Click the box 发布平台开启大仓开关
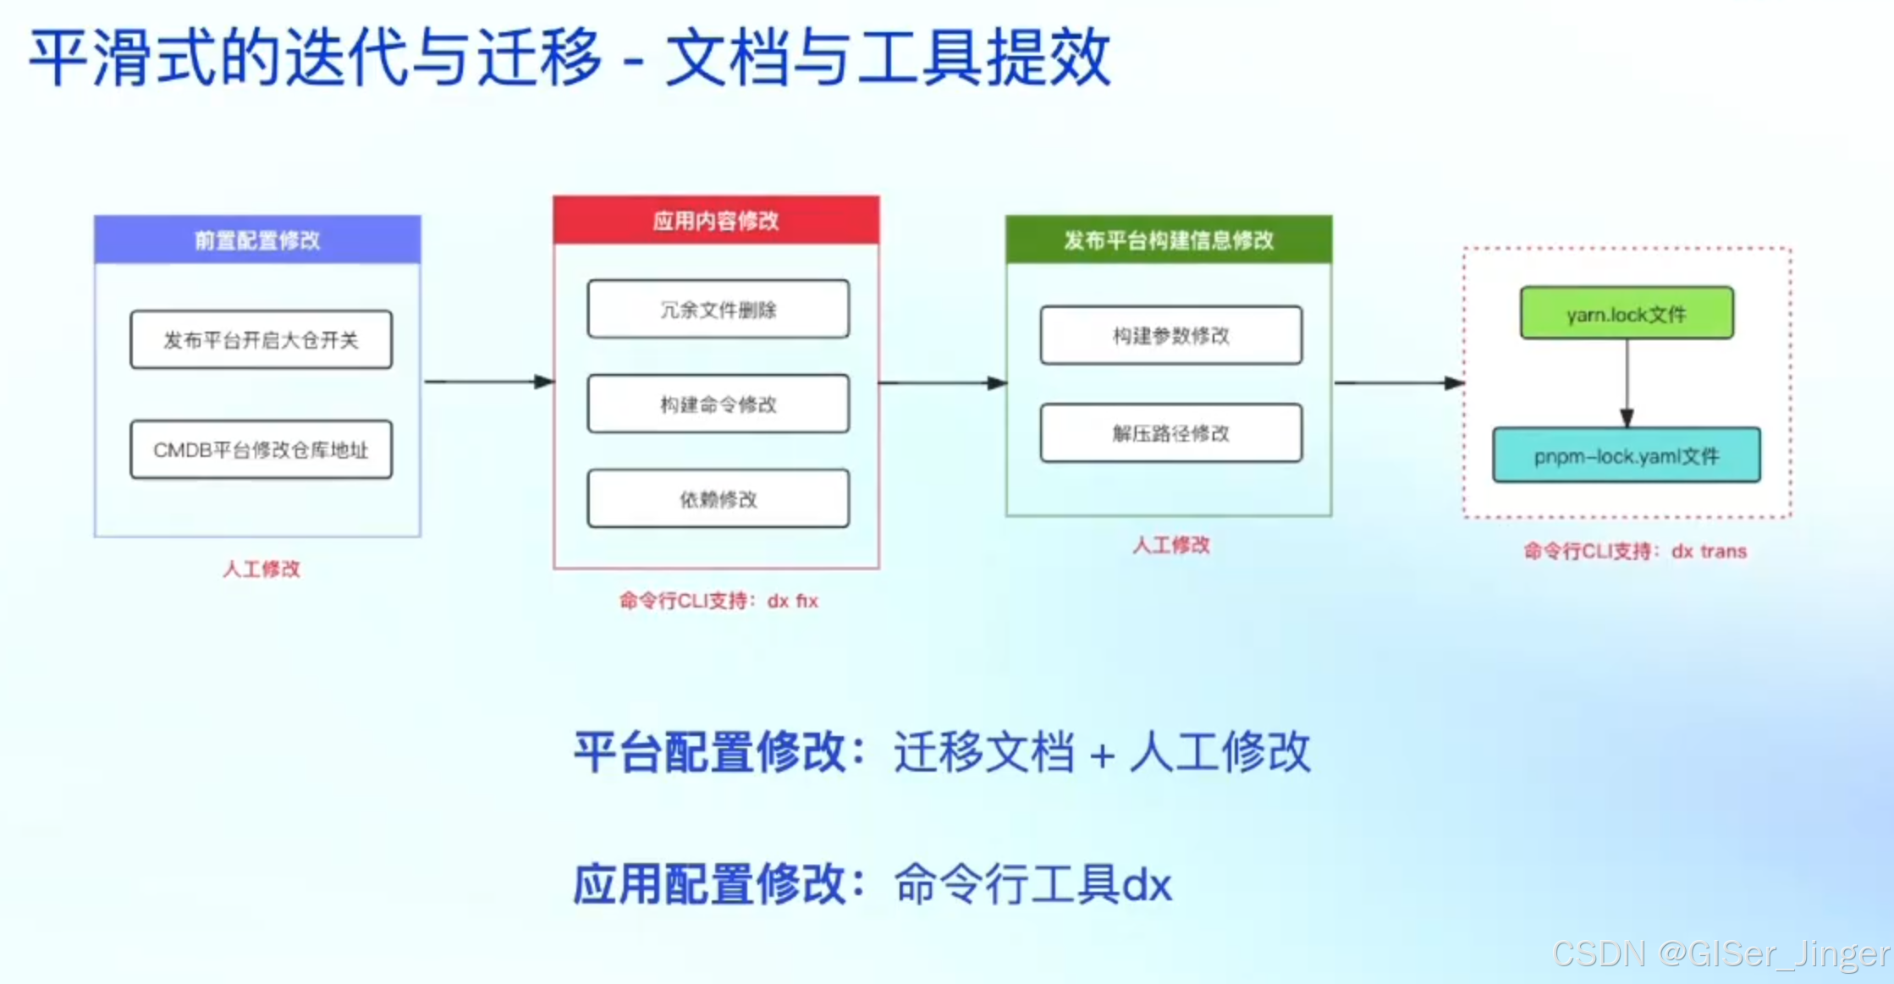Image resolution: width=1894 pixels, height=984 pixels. tap(261, 339)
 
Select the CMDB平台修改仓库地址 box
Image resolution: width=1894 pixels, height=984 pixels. tap(261, 449)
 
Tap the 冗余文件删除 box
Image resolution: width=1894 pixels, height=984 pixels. tap(718, 310)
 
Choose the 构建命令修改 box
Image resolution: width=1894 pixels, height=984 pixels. tap(718, 404)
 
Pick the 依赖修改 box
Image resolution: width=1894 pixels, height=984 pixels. tap(718, 499)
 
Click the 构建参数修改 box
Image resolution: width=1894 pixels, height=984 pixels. tap(1170, 336)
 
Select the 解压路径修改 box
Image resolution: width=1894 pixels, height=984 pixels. tap(1170, 433)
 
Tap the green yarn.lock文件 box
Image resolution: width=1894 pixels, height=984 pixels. tap(1626, 314)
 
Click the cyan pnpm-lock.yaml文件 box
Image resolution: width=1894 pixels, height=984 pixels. tap(1626, 456)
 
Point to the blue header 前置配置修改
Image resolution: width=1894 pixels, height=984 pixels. tap(257, 240)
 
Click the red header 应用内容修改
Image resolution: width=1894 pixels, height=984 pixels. tap(716, 221)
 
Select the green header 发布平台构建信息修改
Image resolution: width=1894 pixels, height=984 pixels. tap(1168, 240)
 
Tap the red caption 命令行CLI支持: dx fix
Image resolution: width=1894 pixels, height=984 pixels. tap(719, 601)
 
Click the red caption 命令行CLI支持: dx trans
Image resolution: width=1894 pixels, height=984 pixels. tap(1635, 552)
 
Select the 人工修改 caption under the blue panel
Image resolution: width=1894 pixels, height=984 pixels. tap(262, 569)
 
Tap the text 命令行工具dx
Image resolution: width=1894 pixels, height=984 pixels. tap(1032, 885)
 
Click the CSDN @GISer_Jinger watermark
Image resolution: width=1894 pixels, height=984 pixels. tap(1721, 954)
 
